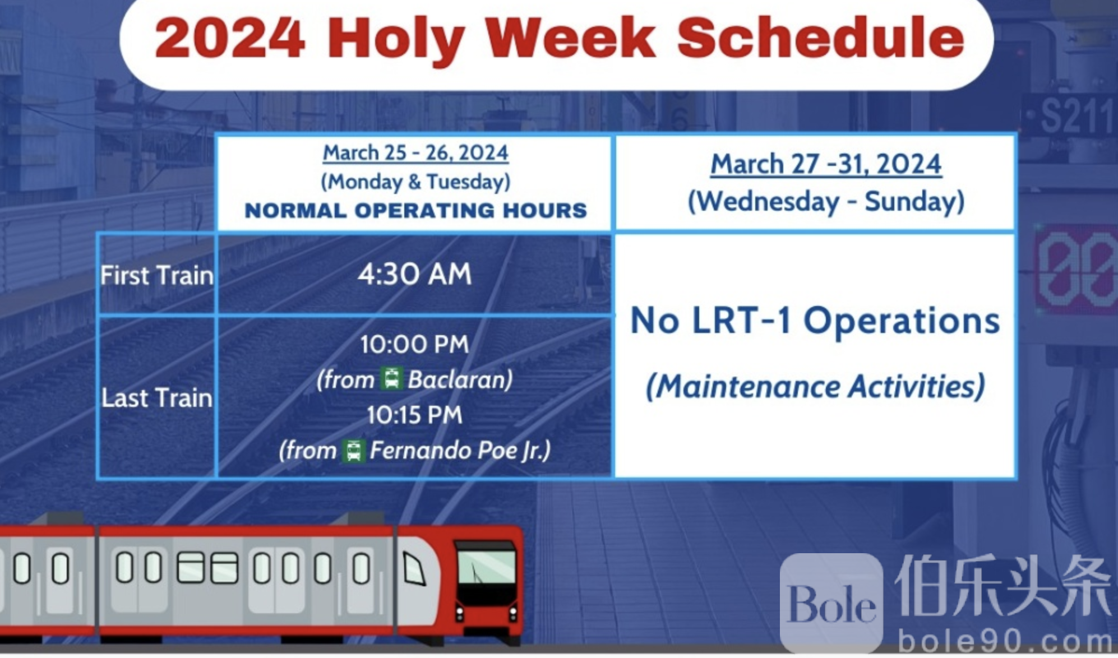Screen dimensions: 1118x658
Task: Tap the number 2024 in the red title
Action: point(230,38)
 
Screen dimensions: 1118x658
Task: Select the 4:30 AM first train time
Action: point(415,275)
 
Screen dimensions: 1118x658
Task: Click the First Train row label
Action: point(157,275)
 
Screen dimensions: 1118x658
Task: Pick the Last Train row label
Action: point(157,398)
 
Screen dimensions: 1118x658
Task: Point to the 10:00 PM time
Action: point(415,344)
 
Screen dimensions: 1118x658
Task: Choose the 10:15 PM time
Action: point(415,415)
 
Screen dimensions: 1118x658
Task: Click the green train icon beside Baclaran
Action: point(391,378)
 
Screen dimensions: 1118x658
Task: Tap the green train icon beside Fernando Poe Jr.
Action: point(354,450)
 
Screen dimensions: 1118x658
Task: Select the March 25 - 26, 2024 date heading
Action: point(415,152)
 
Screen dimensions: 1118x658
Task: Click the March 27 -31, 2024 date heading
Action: point(826,164)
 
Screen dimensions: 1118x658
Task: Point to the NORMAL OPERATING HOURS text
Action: point(415,210)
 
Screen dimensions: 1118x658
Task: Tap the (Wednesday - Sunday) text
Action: point(826,202)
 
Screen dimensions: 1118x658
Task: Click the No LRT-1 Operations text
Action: point(816,321)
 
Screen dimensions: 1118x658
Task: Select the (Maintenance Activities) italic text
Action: point(816,387)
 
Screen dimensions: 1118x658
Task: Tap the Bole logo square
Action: point(831,603)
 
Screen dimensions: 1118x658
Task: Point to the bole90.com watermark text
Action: point(1005,641)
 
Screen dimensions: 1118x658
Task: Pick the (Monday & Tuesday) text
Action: point(415,182)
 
